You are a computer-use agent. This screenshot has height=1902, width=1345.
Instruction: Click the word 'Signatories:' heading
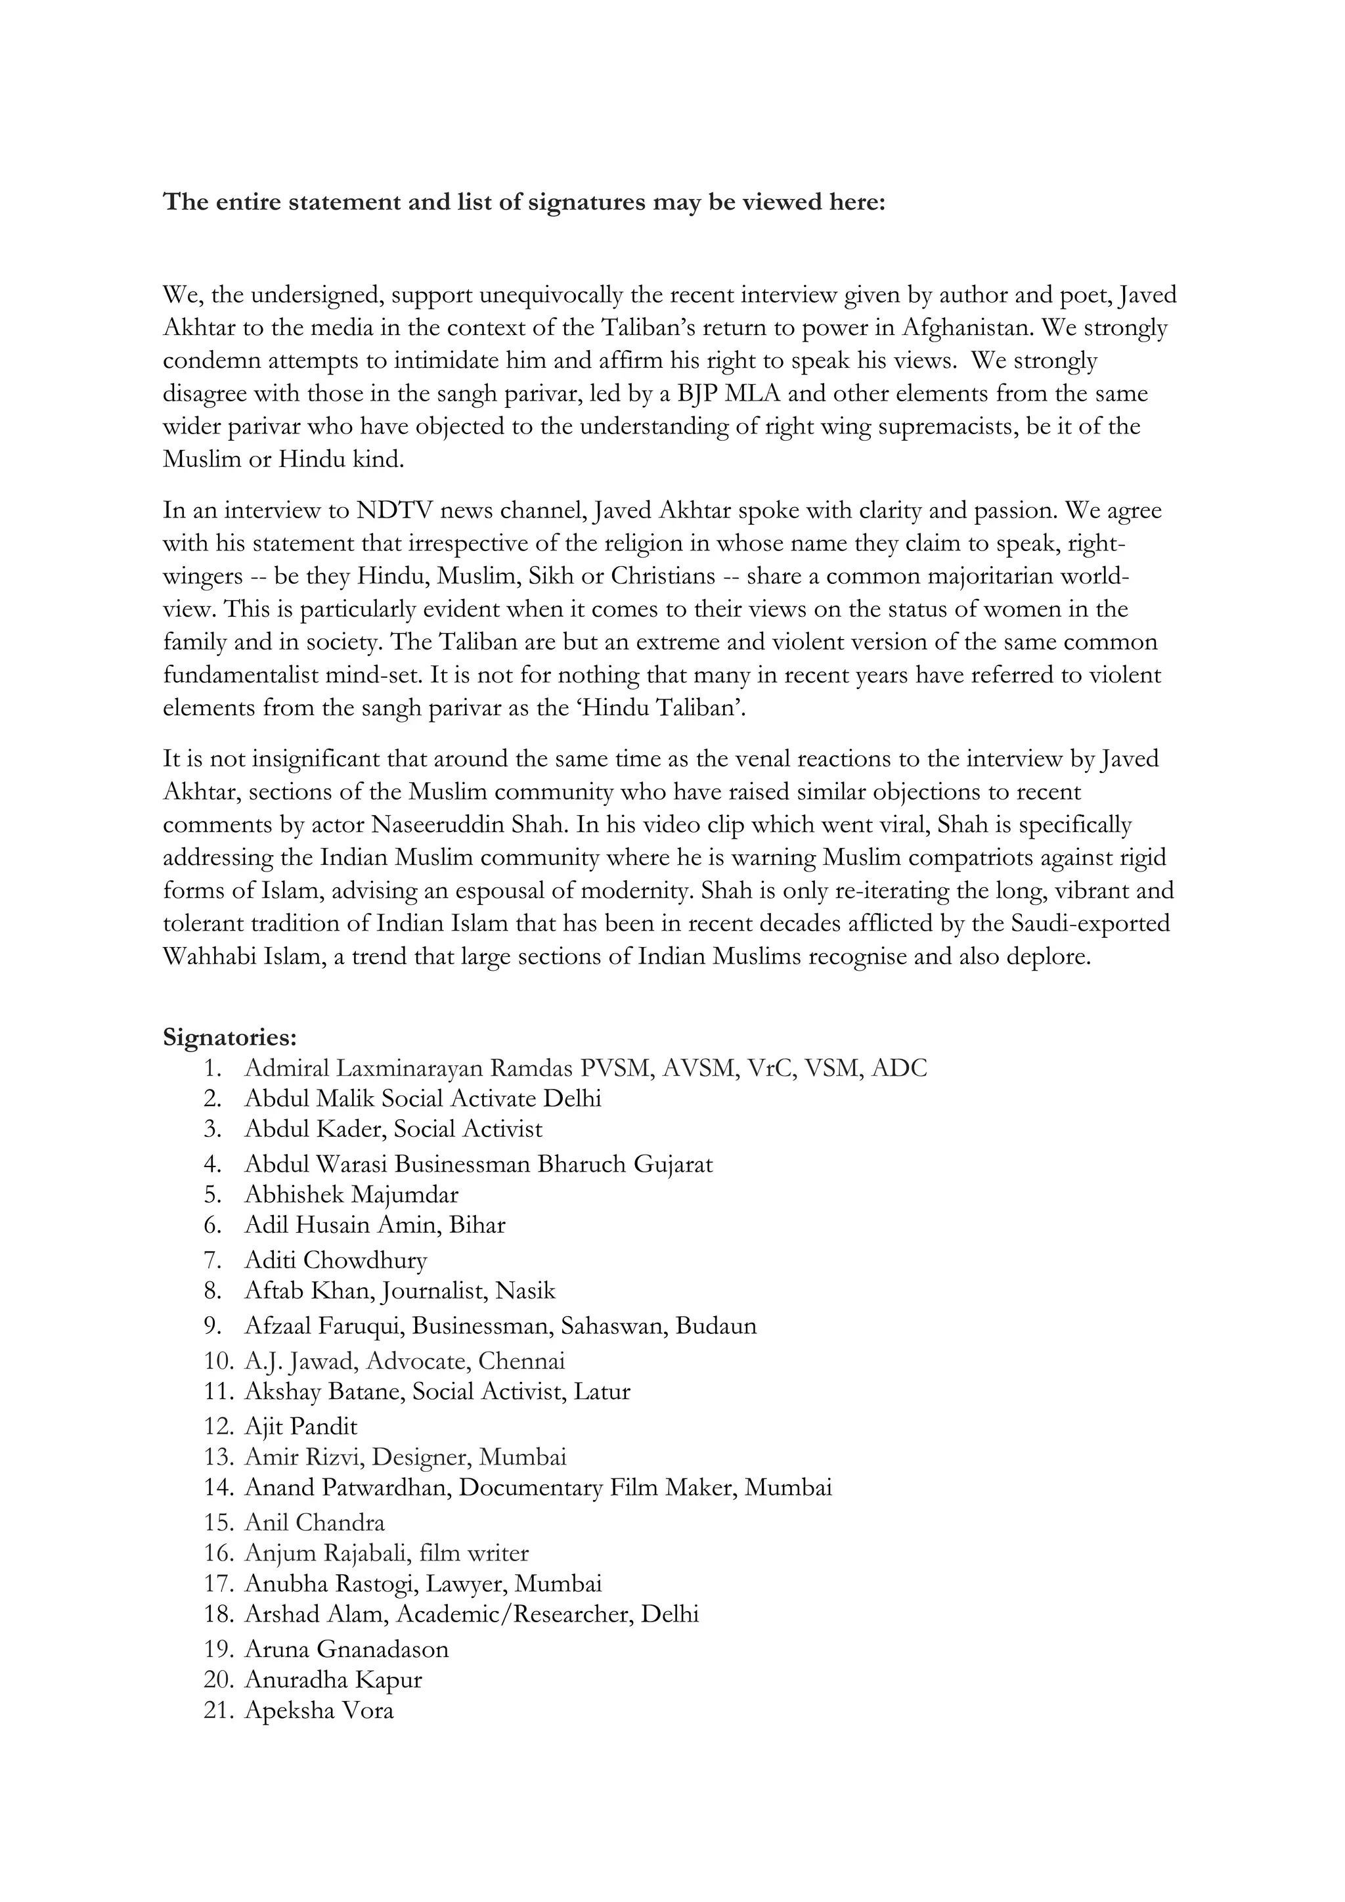pyautogui.click(x=229, y=1037)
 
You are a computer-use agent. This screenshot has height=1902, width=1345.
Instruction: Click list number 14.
pyautogui.click(x=219, y=1487)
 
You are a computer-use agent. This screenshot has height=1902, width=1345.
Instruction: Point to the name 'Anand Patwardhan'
pyautogui.click(x=347, y=1487)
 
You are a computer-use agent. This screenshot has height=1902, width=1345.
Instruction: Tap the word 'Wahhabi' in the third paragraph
pyautogui.click(x=203, y=957)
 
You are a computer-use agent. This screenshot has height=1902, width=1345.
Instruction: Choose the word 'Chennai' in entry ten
pyautogui.click(x=521, y=1360)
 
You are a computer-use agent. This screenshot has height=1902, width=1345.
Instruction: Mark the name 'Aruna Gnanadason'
pyautogui.click(x=346, y=1648)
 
